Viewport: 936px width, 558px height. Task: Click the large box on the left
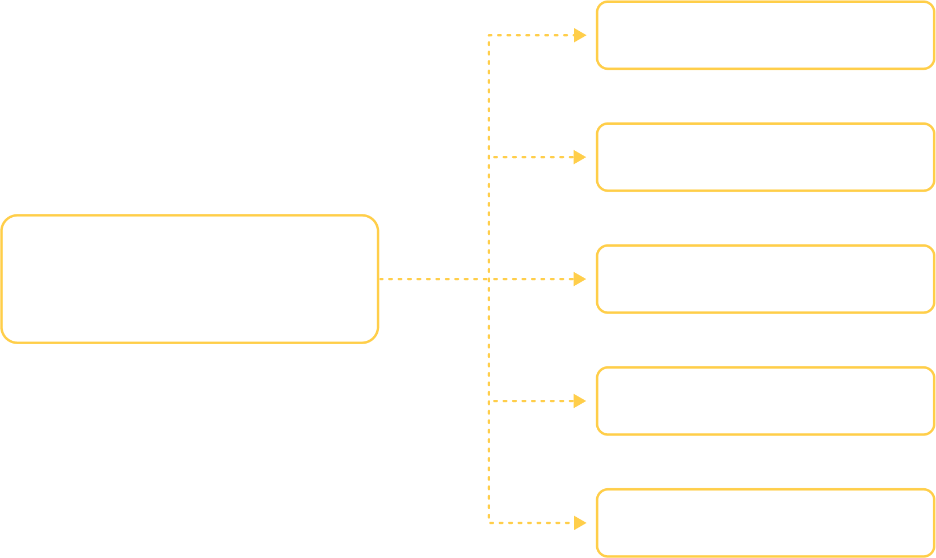click(x=189, y=279)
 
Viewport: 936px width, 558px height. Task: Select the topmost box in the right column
click(x=765, y=35)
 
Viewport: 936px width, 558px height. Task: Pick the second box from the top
click(x=765, y=157)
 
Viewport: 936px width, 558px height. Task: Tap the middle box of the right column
click(x=765, y=279)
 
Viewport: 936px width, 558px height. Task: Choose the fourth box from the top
click(x=765, y=401)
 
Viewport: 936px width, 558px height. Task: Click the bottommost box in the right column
click(x=765, y=523)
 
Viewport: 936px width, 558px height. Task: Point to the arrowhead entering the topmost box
click(x=580, y=35)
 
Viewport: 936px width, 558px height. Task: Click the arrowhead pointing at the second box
click(x=580, y=157)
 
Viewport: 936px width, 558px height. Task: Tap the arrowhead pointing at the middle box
click(x=580, y=279)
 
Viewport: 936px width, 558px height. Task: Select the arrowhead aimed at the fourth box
click(x=580, y=401)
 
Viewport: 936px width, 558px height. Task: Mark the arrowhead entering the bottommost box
click(x=580, y=523)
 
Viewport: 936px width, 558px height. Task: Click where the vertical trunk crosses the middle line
click(x=488, y=279)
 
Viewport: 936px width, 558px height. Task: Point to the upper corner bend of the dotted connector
click(x=488, y=35)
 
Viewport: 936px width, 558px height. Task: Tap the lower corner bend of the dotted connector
click(x=488, y=523)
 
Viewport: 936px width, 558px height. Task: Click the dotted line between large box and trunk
click(x=434, y=279)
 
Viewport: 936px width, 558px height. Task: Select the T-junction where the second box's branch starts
click(x=488, y=157)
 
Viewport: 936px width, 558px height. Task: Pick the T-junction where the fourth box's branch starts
click(x=488, y=401)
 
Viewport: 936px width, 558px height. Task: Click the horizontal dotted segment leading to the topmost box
click(x=530, y=35)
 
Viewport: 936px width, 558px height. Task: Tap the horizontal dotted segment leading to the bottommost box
click(x=530, y=523)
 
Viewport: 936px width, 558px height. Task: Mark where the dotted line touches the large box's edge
click(x=379, y=279)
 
